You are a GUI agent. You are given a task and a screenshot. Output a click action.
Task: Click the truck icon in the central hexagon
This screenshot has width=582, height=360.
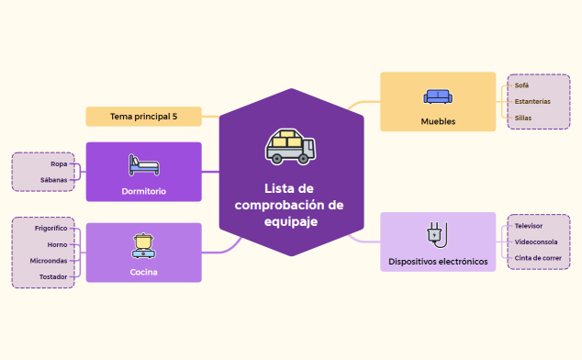pyautogui.click(x=290, y=148)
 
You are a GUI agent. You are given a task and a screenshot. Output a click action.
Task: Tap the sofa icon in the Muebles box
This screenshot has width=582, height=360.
pyautogui.click(x=438, y=96)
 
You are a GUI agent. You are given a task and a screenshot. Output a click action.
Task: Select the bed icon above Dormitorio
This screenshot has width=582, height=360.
pyautogui.click(x=143, y=166)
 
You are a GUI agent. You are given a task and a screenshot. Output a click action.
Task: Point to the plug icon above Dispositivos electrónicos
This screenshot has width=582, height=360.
pyautogui.click(x=437, y=234)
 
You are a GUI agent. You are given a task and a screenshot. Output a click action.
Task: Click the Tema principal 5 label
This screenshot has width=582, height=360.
pyautogui.click(x=143, y=117)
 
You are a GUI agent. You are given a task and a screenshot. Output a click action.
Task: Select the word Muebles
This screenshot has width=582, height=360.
pyautogui.click(x=438, y=120)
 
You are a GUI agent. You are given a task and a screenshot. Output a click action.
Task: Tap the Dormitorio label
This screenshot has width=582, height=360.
pyautogui.click(x=143, y=191)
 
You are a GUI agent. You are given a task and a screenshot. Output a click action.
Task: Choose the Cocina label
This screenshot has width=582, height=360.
pyautogui.click(x=143, y=271)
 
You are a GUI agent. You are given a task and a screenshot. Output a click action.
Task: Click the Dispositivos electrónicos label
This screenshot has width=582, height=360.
pyautogui.click(x=438, y=262)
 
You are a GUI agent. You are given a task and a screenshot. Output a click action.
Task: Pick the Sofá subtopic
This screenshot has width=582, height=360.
pyautogui.click(x=521, y=85)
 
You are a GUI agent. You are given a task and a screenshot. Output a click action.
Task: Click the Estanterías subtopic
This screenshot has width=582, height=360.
pyautogui.click(x=532, y=101)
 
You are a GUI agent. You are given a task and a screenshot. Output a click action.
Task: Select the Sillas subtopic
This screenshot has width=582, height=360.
pyautogui.click(x=523, y=118)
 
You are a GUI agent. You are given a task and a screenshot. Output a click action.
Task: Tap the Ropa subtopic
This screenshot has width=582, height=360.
pyautogui.click(x=59, y=163)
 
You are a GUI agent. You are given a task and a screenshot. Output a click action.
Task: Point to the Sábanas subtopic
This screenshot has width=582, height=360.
pyautogui.click(x=54, y=179)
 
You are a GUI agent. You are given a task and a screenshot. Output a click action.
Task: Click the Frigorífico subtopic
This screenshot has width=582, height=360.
pyautogui.click(x=51, y=228)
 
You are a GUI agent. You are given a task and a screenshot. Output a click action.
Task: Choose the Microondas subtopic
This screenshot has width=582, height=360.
pyautogui.click(x=50, y=260)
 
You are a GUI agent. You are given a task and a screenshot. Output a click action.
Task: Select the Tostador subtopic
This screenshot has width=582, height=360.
pyautogui.click(x=53, y=276)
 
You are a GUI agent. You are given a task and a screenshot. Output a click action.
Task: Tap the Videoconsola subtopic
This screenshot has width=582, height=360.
pyautogui.click(x=536, y=242)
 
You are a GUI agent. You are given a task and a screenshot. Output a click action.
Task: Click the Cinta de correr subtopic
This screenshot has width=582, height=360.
pyautogui.click(x=538, y=258)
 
